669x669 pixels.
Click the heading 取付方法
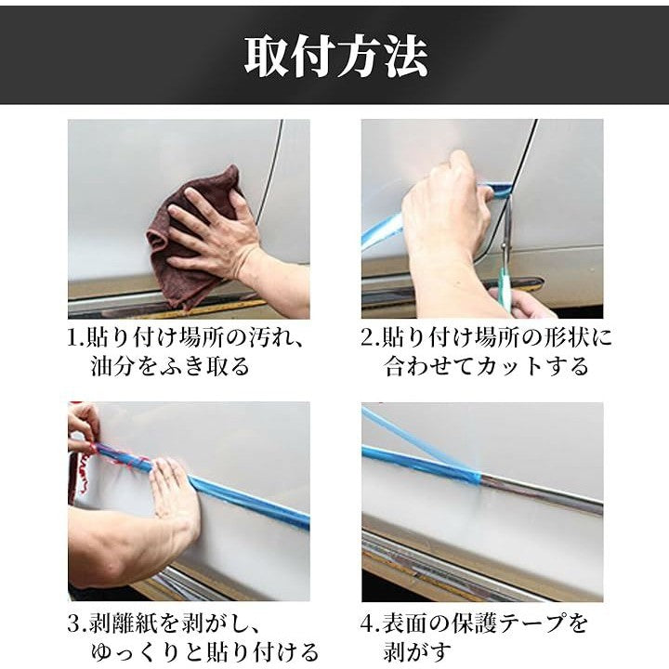pyautogui.click(x=335, y=58)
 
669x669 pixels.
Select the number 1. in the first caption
pyautogui.click(x=76, y=338)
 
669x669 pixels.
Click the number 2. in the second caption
pyautogui.click(x=371, y=338)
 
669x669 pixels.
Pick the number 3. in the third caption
pyautogui.click(x=77, y=624)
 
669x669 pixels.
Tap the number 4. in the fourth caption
pyautogui.click(x=371, y=624)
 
